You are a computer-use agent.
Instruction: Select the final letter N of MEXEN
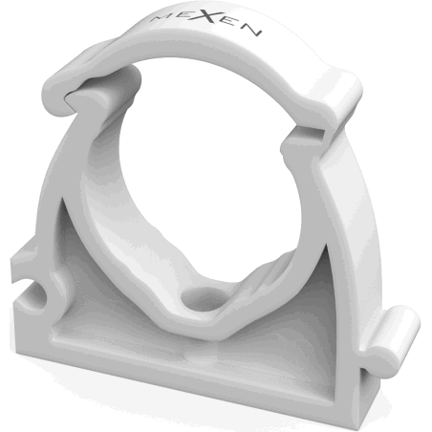point(253,31)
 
